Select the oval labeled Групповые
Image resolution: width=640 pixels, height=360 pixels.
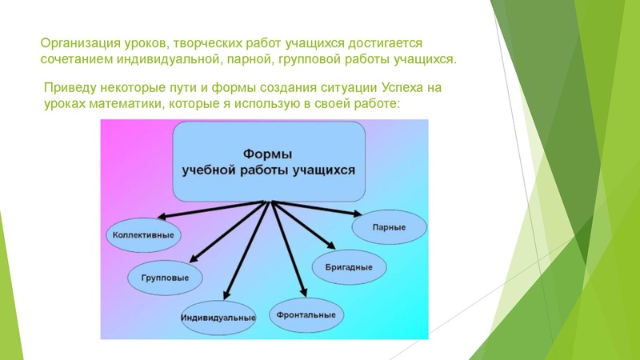tap(166, 278)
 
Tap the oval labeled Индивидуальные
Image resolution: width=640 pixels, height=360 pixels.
tap(218, 318)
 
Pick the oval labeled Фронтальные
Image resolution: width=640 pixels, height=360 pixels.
tap(306, 314)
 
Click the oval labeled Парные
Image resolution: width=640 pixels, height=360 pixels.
tap(389, 227)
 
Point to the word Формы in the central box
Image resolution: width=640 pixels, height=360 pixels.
tap(266, 152)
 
